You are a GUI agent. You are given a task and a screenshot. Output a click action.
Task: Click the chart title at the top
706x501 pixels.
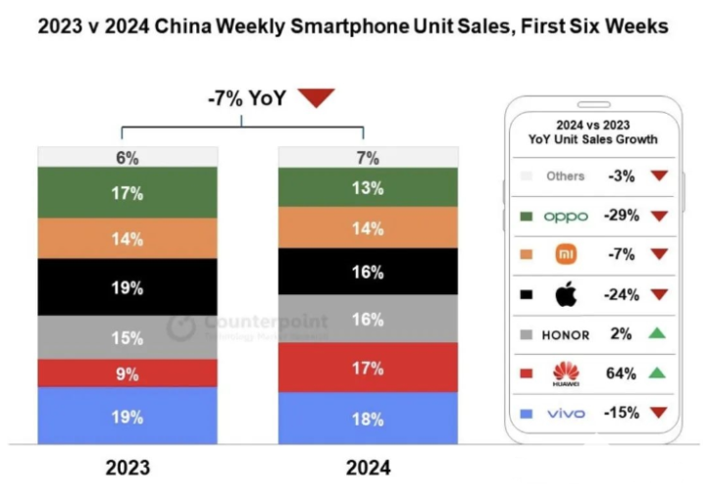tap(353, 26)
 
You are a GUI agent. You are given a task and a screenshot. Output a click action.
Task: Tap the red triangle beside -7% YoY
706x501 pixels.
tap(316, 97)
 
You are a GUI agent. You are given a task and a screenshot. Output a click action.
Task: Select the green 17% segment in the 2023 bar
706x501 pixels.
tap(127, 192)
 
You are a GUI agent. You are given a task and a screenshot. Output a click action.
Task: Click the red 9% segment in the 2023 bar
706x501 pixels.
tap(127, 374)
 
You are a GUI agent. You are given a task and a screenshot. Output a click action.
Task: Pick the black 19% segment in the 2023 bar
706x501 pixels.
tap(127, 287)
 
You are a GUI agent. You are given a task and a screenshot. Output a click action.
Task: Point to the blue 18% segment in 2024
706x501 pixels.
tap(368, 418)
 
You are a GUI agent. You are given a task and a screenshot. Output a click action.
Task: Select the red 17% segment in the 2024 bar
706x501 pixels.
tap(368, 368)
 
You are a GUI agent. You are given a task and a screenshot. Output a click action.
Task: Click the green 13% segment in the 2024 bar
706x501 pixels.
tap(368, 187)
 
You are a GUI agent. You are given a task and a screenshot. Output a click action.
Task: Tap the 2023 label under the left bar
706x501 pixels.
tap(127, 468)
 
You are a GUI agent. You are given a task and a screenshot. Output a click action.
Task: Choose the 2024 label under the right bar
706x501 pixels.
tap(368, 468)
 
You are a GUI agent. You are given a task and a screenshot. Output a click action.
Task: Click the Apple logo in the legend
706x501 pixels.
tap(566, 294)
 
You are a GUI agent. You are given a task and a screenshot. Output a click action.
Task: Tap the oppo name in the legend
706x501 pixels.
tap(566, 216)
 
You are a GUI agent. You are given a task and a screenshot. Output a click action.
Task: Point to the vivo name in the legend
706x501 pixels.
tap(566, 414)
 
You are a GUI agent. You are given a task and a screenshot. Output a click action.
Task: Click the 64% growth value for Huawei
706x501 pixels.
tap(622, 374)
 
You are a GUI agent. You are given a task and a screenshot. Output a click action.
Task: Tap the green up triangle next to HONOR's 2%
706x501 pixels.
tap(657, 333)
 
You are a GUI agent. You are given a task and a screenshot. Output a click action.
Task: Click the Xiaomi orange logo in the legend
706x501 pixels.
tap(566, 255)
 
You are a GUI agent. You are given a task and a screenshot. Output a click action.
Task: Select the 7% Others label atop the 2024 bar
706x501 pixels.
tap(368, 157)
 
